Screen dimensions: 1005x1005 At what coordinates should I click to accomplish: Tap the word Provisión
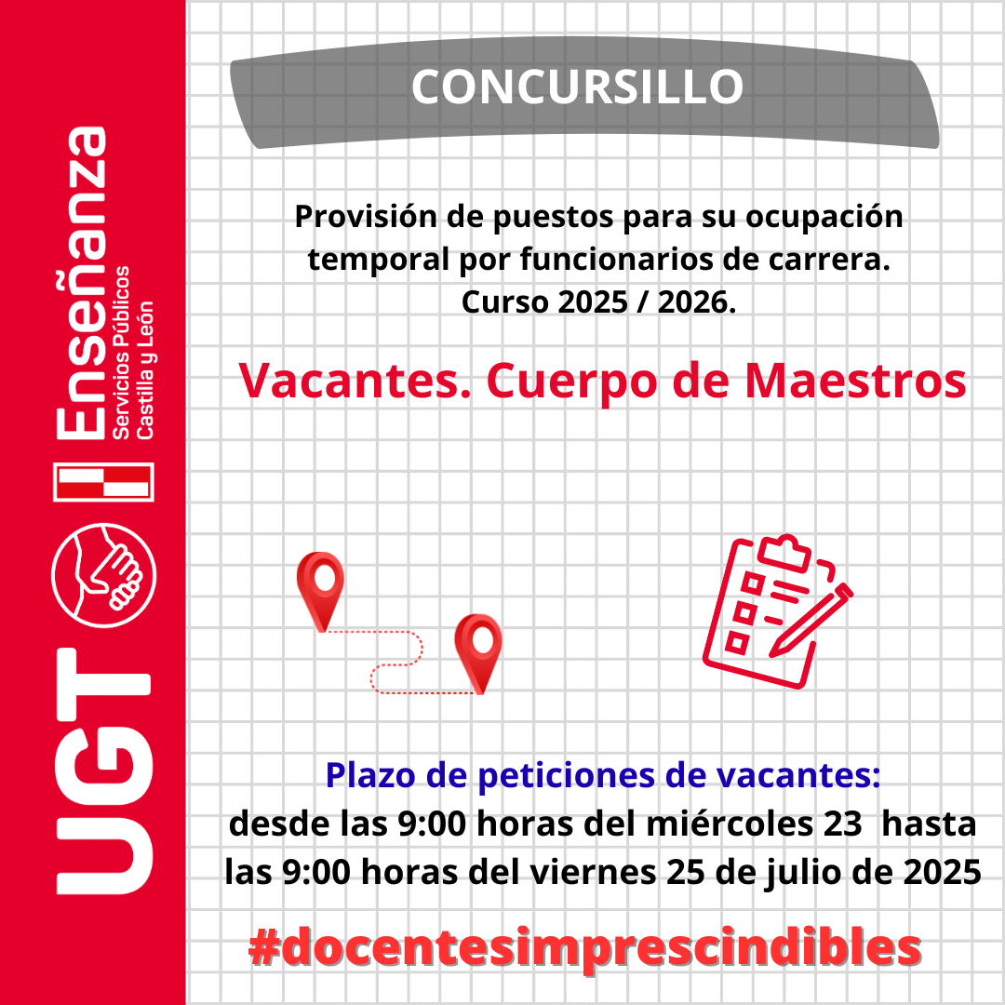(366, 217)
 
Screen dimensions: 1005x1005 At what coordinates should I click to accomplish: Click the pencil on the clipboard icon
(811, 620)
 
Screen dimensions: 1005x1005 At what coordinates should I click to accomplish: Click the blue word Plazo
(370, 775)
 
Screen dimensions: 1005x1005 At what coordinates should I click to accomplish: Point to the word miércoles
(730, 824)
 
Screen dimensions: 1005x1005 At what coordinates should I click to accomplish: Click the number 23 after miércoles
(843, 824)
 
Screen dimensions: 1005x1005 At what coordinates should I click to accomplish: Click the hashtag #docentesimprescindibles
(584, 947)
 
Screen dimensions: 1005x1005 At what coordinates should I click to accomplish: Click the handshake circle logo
(103, 575)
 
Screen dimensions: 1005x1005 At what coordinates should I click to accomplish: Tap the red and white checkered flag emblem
(103, 481)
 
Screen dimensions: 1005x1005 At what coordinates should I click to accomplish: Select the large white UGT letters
(104, 771)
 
